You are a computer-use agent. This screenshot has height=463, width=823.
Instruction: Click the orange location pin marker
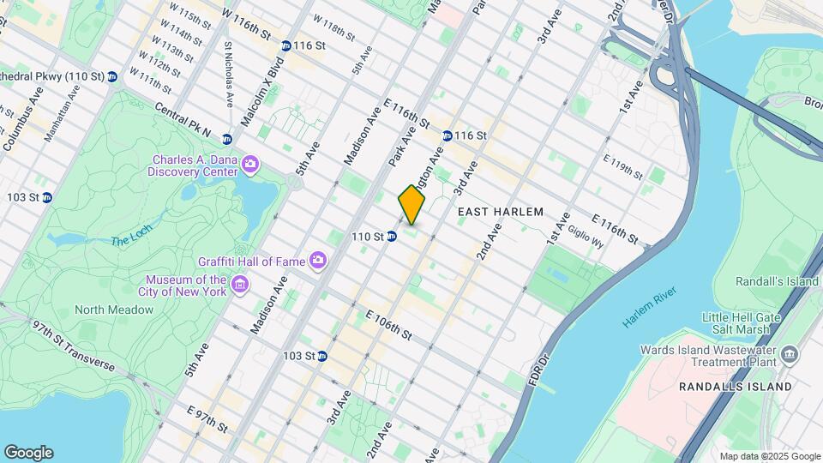[x=411, y=205]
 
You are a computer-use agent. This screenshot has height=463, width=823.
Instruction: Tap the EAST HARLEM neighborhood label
[x=501, y=211]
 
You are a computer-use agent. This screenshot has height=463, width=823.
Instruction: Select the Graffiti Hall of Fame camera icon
[x=318, y=259]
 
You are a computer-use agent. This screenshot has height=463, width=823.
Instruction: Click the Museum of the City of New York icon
[x=239, y=285]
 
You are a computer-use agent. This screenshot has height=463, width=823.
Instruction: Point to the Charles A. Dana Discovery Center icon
[x=249, y=163]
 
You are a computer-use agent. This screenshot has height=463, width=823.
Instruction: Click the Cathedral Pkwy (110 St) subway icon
[x=112, y=77]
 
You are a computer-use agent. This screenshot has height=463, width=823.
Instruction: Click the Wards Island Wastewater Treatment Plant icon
[x=790, y=354]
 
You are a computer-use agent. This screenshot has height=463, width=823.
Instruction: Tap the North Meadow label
[x=113, y=310]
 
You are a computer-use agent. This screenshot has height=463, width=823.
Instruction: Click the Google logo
[x=28, y=452]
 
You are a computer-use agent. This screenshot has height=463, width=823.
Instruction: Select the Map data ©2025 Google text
[x=769, y=456]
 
